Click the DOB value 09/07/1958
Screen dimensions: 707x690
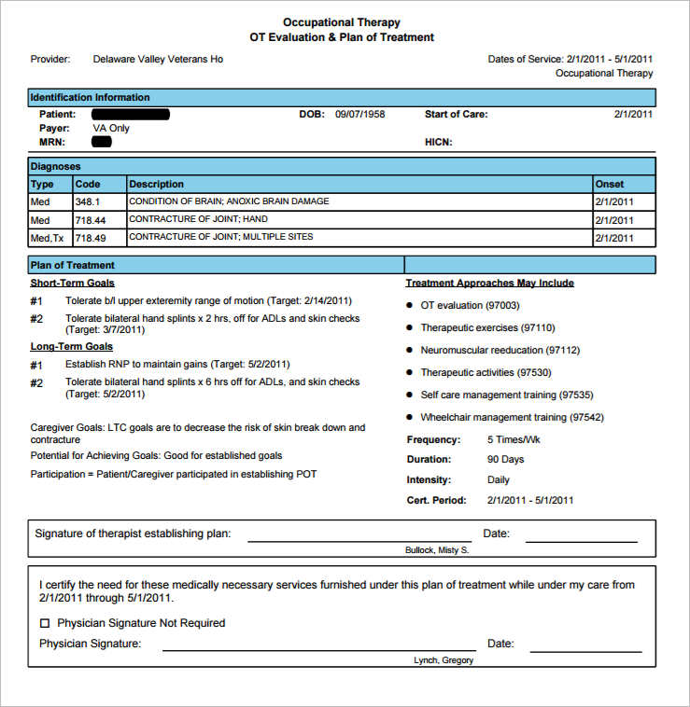coord(359,115)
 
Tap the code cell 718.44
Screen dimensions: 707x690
coord(90,220)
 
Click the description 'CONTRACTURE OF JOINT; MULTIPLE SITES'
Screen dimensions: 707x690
coord(220,237)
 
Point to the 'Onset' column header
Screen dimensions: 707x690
coord(609,184)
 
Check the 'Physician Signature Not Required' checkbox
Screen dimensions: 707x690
coord(45,623)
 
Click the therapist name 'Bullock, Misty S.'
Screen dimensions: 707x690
coord(436,550)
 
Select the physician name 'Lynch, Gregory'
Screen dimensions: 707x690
coord(443,660)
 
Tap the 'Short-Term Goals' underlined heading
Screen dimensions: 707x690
coord(73,283)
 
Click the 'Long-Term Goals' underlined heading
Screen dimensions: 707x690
coord(72,346)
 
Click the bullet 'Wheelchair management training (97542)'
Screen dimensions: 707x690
coord(512,417)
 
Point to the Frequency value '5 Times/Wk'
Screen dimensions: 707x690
coord(514,439)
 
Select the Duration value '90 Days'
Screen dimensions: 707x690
coord(505,460)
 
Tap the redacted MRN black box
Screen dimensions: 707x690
coord(102,142)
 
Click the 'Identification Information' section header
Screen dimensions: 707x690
coord(90,97)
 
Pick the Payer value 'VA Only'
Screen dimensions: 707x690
coord(111,128)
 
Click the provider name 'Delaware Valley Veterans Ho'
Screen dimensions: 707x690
coord(158,59)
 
